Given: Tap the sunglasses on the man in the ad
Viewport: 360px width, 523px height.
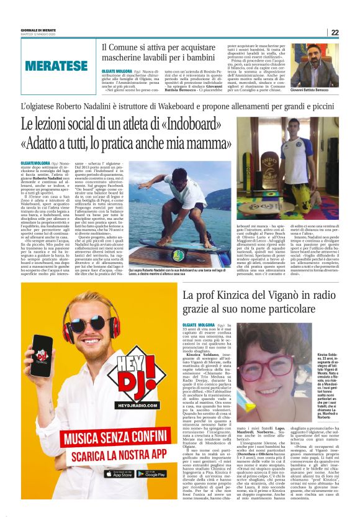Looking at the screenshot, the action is click(x=86, y=324).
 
